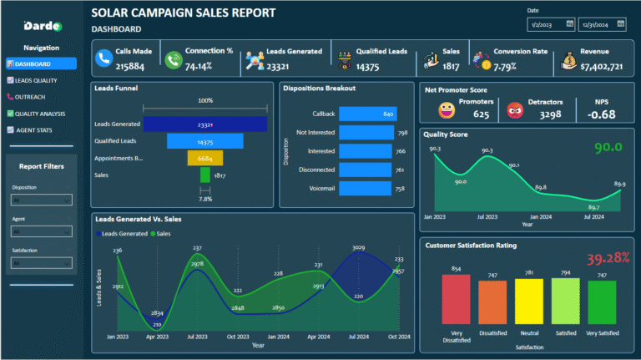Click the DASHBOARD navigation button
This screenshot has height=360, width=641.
(41, 63)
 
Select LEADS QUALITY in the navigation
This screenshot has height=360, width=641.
(41, 80)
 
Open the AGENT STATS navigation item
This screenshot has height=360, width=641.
(41, 130)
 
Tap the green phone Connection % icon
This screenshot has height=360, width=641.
(173, 59)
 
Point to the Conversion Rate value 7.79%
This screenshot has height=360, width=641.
(506, 65)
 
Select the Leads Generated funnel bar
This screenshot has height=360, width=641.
(204, 124)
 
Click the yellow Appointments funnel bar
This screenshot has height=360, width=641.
(204, 158)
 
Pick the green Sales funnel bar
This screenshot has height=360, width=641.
(204, 175)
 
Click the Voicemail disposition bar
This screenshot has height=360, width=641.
(366, 189)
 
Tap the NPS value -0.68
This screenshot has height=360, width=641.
(602, 114)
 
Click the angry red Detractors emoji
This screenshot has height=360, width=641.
(515, 109)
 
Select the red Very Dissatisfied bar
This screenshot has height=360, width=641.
(455, 300)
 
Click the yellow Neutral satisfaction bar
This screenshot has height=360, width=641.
(527, 302)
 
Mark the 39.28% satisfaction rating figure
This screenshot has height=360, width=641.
(608, 257)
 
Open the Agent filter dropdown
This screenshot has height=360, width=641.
(41, 231)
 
